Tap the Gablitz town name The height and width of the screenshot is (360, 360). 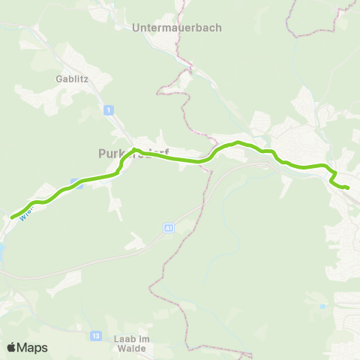click(71, 78)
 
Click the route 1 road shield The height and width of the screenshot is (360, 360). click(109, 110)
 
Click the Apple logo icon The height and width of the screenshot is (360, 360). click(11, 347)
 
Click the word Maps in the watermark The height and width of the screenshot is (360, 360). click(33, 347)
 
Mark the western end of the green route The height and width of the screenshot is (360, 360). click(13, 217)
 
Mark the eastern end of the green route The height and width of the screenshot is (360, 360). click(348, 187)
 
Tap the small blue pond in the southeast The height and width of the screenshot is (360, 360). click(322, 306)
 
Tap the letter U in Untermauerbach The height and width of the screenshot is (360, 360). click(135, 28)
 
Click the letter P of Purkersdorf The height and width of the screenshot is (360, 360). click(101, 153)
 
